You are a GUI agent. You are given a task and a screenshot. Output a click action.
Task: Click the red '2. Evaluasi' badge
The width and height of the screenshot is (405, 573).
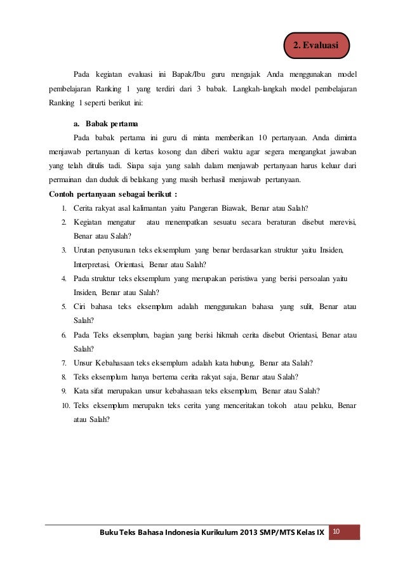tap(315, 46)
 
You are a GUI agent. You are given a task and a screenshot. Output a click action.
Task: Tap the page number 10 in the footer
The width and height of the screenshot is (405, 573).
tap(336, 530)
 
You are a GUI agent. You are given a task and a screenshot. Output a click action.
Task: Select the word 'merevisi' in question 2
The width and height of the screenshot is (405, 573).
tap(341, 222)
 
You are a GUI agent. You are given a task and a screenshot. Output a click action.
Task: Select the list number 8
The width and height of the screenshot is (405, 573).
tap(65, 376)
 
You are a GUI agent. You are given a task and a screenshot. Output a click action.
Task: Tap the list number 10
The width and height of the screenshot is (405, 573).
tap(66, 405)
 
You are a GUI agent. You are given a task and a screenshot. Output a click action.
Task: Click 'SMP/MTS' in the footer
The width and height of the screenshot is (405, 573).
tap(270, 531)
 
